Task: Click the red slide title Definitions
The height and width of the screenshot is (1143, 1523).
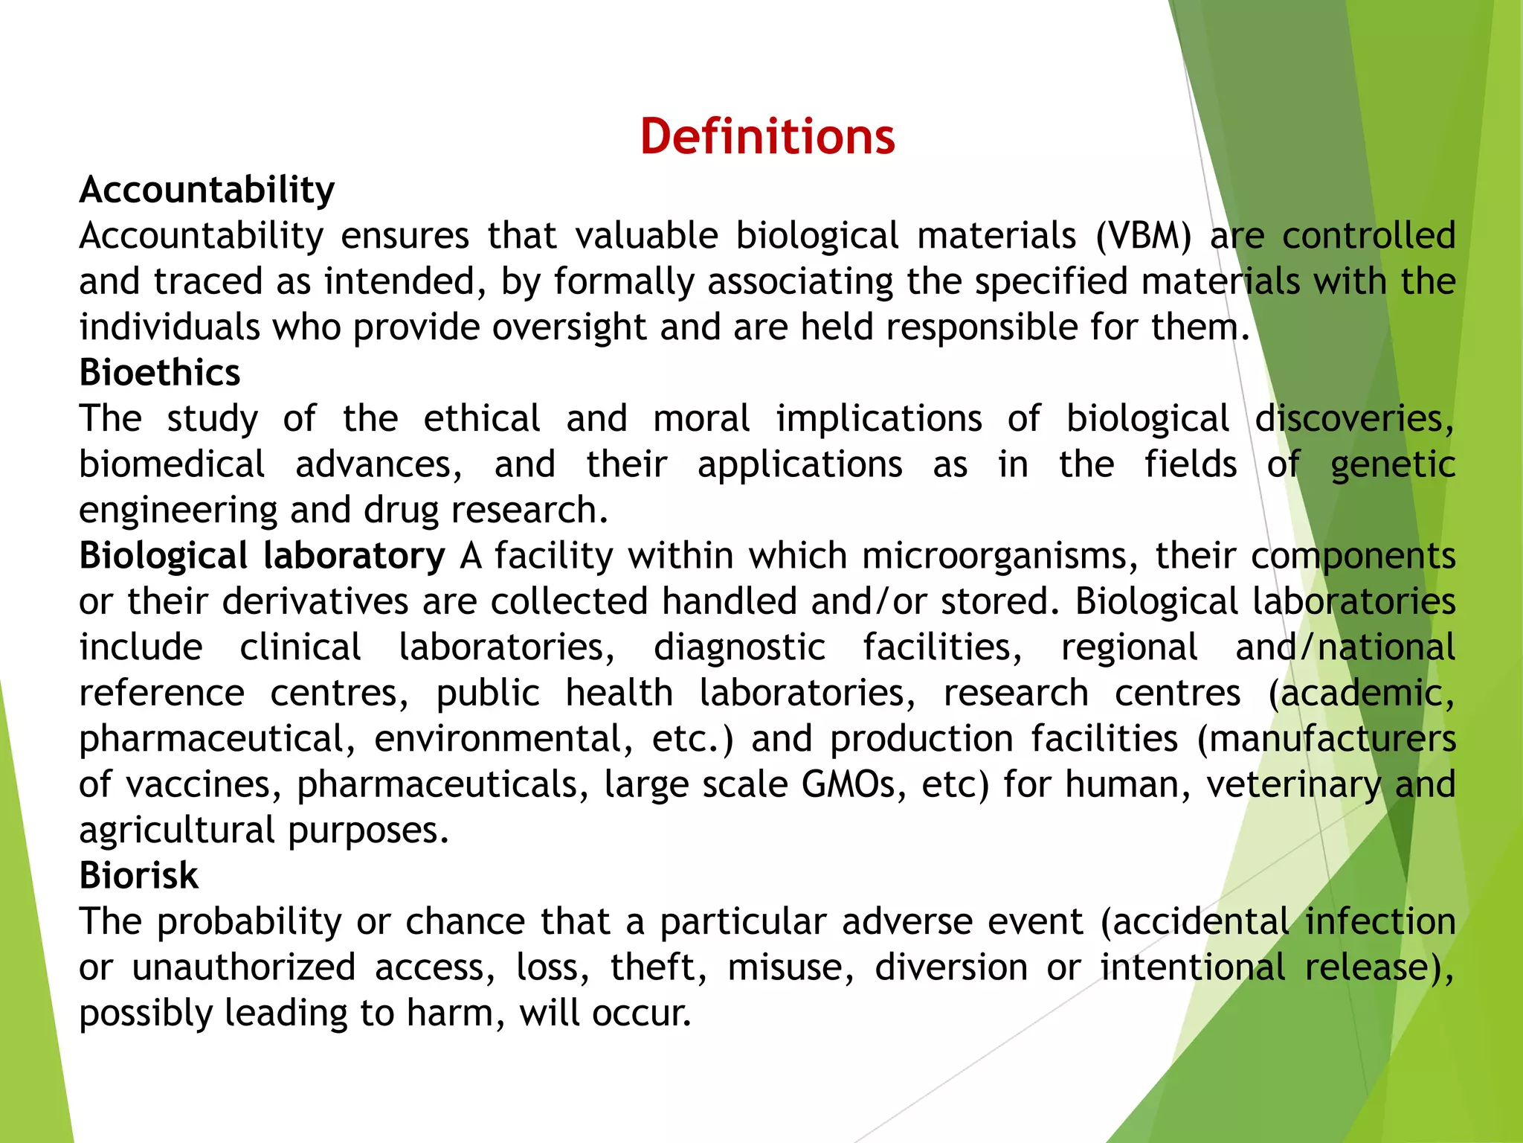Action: point(767,137)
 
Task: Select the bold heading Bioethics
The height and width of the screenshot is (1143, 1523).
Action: point(160,373)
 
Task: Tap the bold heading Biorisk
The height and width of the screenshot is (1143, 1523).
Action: point(139,876)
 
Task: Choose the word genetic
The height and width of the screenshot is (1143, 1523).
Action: point(1392,465)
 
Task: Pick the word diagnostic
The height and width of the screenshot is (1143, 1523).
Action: point(739,647)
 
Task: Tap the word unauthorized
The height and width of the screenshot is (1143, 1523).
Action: point(244,967)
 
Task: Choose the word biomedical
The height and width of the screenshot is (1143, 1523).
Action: point(172,465)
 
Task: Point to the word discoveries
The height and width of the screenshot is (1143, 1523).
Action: point(1353,419)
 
